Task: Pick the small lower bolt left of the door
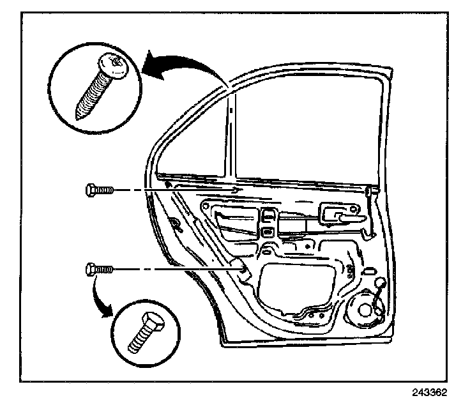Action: [98, 270]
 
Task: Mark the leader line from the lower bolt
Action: [172, 270]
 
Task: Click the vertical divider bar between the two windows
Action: [231, 134]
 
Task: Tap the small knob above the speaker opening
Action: [381, 282]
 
